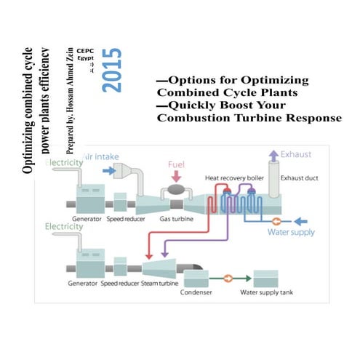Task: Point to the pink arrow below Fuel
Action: [179, 176]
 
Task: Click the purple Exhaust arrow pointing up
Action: [273, 154]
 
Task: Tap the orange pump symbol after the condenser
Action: [227, 278]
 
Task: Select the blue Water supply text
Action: [290, 233]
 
